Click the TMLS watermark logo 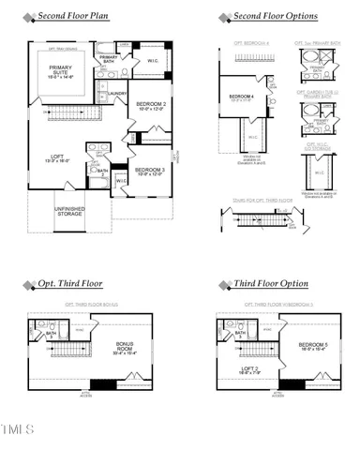(18, 429)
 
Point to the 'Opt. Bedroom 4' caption (246, 43)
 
